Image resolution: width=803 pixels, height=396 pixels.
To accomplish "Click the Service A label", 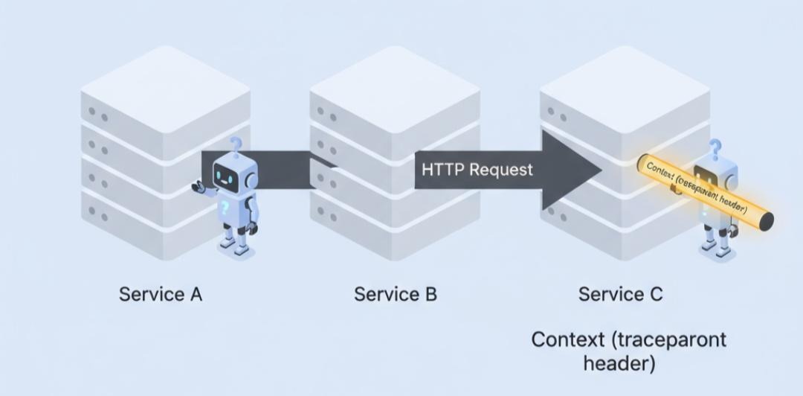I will click(x=161, y=294).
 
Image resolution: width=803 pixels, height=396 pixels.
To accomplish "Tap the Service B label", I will click(x=396, y=294).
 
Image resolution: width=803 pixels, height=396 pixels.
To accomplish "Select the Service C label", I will click(x=621, y=294).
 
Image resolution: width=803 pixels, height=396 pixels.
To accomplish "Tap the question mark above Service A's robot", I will click(x=236, y=144).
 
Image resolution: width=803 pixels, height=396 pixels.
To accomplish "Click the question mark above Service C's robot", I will click(x=715, y=148).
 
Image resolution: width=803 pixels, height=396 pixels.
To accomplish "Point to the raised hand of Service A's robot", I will click(x=198, y=187).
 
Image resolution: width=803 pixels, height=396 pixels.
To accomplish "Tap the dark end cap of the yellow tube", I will click(x=765, y=220).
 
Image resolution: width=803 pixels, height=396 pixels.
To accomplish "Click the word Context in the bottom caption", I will click(x=568, y=340).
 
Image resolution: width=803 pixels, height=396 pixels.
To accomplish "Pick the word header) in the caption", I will click(x=619, y=365).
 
